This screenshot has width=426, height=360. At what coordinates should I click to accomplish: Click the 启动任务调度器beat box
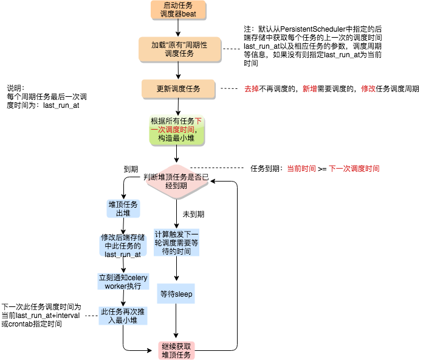[x=178, y=10]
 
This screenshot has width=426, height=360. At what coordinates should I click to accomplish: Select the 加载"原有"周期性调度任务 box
[x=178, y=49]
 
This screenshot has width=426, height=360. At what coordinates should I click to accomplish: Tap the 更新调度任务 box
[x=178, y=89]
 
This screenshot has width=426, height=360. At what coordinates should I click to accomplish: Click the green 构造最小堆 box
[x=178, y=130]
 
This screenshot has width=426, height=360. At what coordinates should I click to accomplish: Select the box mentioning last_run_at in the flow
[x=123, y=246]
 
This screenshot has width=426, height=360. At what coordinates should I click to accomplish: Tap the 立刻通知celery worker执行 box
[x=123, y=281]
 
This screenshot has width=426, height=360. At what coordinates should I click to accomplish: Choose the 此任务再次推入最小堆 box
[x=123, y=316]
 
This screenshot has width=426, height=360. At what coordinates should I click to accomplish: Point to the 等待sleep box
[x=176, y=294]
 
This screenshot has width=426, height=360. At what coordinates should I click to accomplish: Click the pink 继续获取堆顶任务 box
[x=176, y=350]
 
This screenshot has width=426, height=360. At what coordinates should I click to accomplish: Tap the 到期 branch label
[x=131, y=168]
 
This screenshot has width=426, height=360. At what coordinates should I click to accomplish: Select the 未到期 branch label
[x=193, y=214]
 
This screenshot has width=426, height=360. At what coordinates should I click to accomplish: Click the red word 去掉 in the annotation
[x=251, y=89]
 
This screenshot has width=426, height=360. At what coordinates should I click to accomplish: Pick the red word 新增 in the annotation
[x=309, y=89]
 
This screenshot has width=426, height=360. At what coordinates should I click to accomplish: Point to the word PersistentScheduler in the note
[x=311, y=29]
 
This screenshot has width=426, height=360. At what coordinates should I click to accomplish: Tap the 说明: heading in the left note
[x=16, y=87]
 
